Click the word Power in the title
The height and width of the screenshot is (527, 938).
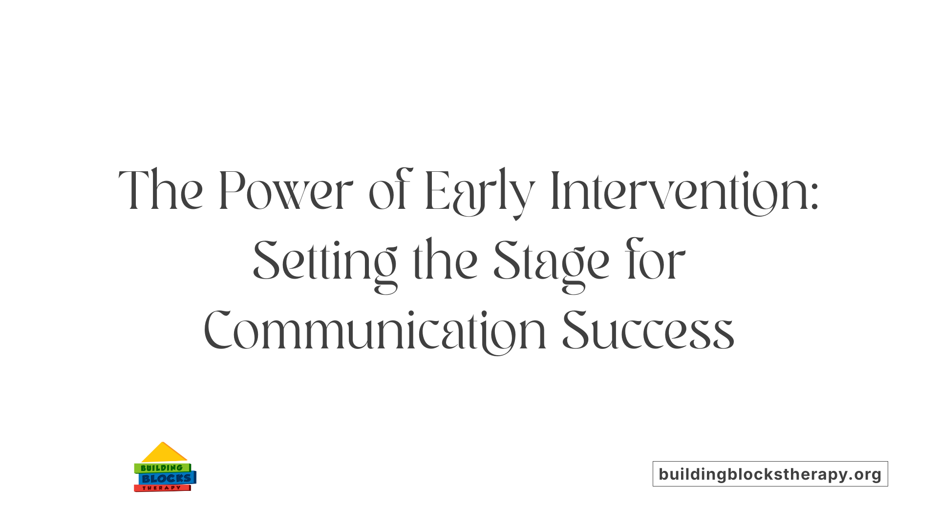pos(285,191)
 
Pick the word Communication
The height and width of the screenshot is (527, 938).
pos(374,332)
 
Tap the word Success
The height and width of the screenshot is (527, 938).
pos(648,332)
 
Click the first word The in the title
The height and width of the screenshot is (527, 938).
pos(161,191)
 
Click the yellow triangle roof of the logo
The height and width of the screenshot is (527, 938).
pos(164,453)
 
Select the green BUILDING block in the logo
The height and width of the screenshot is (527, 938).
pos(162,468)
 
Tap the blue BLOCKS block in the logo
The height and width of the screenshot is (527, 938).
pos(167,478)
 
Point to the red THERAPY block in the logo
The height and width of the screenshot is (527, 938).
pos(162,488)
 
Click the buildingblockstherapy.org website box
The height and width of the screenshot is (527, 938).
pos(770,474)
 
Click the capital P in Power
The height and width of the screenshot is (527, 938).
pos(230,191)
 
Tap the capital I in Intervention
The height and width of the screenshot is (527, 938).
pos(554,191)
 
